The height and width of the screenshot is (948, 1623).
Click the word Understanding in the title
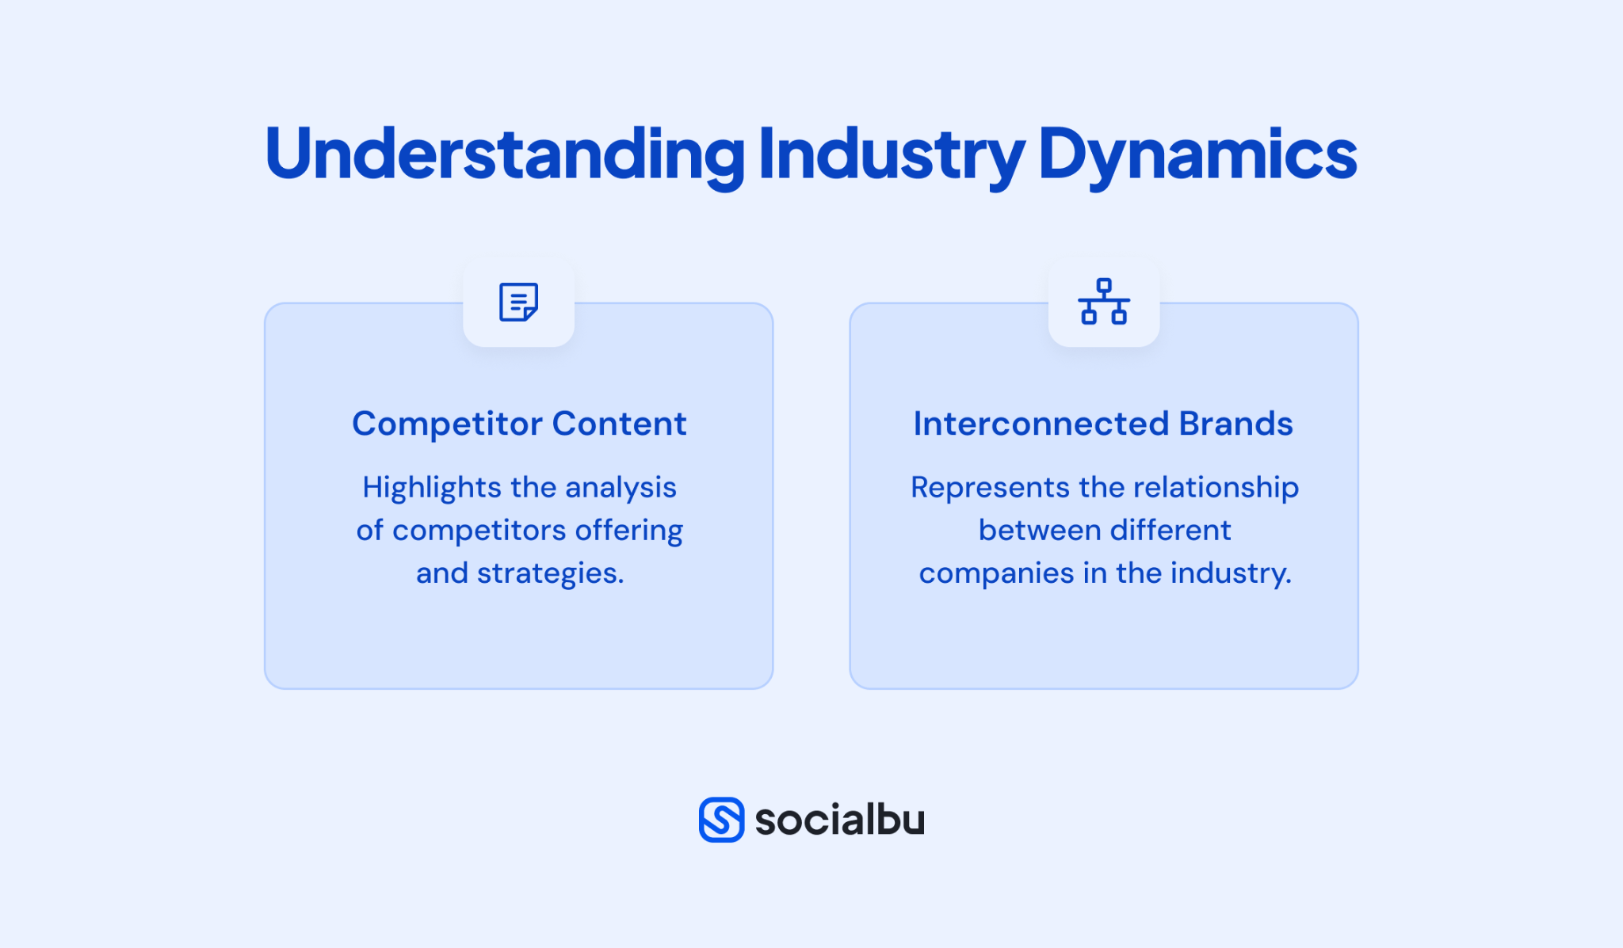click(x=505, y=154)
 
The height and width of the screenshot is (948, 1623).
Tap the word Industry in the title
click(x=892, y=154)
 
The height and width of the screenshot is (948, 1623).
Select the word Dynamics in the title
click(x=1197, y=154)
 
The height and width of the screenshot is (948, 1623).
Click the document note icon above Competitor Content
click(x=519, y=302)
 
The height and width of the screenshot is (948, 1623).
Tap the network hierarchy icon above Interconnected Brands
click(x=1103, y=301)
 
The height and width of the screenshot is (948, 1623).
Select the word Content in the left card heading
click(x=619, y=424)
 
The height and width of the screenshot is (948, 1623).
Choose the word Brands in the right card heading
click(x=1235, y=424)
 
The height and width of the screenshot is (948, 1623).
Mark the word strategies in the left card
click(x=550, y=573)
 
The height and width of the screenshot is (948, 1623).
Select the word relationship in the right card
click(x=1215, y=488)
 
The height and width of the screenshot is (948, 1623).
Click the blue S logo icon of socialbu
click(x=721, y=819)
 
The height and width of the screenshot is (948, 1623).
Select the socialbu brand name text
click(x=839, y=819)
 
